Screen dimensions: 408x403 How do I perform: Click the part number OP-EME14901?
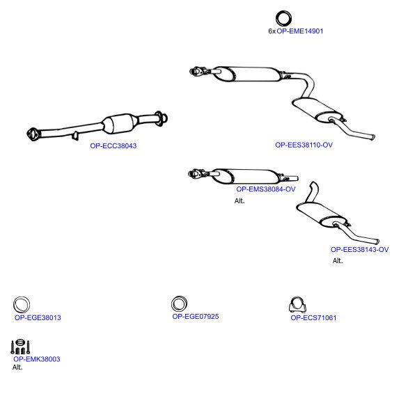coord(300,31)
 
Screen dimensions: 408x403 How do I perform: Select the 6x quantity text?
coord(272,31)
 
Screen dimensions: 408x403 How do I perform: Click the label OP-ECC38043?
coord(113,145)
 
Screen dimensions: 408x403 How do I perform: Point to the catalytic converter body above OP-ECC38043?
coord(120,124)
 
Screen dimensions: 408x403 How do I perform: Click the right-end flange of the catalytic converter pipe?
coord(161,118)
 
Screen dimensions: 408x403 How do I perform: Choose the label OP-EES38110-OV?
coord(304,145)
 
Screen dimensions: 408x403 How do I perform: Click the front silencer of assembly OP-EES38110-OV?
coord(250,74)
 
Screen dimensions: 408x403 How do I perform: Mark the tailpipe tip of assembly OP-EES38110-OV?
coord(372,136)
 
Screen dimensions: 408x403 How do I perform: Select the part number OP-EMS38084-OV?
coord(266,189)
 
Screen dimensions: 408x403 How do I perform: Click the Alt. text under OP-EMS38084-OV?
coord(240,201)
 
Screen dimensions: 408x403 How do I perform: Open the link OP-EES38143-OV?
coord(359,249)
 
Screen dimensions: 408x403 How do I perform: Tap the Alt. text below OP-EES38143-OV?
coord(338,261)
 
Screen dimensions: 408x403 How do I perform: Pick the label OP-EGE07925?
coord(196,317)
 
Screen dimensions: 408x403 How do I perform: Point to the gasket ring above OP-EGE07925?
coord(172,303)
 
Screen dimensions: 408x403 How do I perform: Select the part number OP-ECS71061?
coord(313,317)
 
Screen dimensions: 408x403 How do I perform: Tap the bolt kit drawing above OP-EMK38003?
coord(20,347)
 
